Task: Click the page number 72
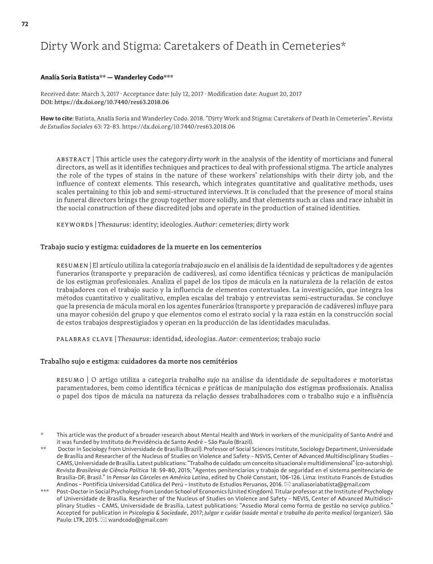[25, 24]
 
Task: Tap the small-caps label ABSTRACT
[73, 159]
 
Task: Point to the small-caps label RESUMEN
[72, 265]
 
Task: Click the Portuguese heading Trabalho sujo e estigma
[79, 361]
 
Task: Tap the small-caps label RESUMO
[70, 380]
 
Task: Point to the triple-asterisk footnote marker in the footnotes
[45, 491]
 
